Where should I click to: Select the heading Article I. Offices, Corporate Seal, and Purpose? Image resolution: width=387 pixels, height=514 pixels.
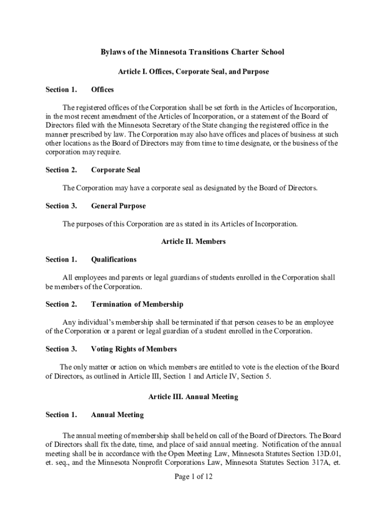tap(193, 72)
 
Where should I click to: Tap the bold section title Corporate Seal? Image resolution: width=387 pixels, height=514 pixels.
tap(116, 170)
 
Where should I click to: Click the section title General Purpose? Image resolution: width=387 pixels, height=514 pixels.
tap(118, 206)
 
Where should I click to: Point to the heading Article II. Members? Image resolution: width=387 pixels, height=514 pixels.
tap(193, 241)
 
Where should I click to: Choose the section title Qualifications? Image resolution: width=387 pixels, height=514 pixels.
tap(114, 260)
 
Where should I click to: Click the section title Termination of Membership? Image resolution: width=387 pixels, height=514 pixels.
tap(137, 304)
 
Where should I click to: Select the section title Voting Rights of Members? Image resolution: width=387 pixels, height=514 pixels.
tap(134, 349)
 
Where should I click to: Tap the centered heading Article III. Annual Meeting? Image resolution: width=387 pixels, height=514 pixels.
tap(193, 397)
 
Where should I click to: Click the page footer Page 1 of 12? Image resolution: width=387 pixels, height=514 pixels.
tap(193, 477)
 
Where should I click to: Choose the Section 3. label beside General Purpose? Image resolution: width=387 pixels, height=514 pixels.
tap(61, 206)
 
